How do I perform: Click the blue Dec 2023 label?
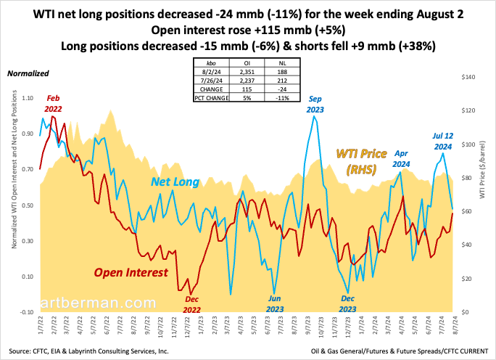click(x=347, y=304)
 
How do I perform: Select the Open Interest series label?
click(x=131, y=272)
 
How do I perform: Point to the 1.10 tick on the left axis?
click(x=29, y=97)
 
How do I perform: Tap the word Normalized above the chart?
click(x=28, y=73)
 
